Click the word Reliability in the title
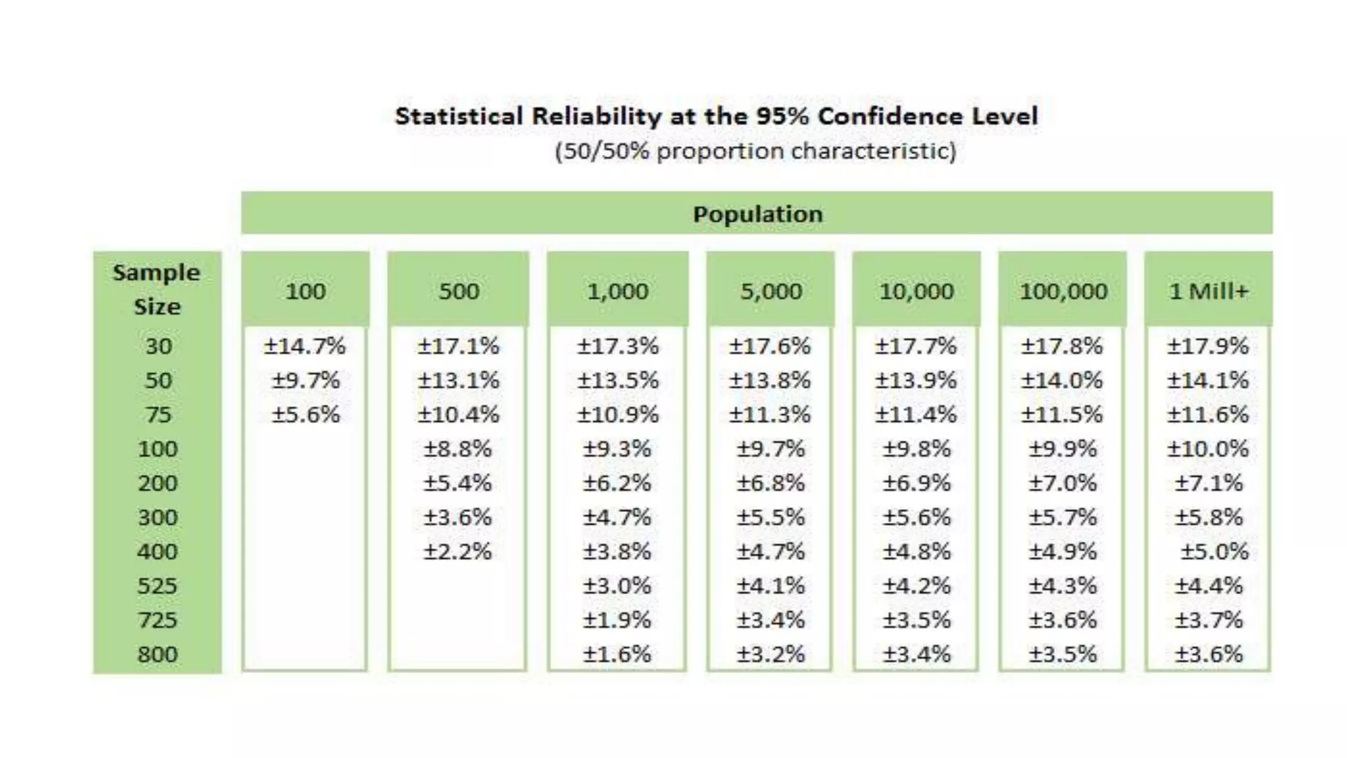pos(596,116)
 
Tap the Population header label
pos(758,214)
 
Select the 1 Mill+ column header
pos(1208,291)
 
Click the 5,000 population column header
pos(771,291)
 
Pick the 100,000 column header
pos(1063,291)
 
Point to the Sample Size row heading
pos(157,290)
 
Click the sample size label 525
pos(157,586)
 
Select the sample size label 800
pos(157,654)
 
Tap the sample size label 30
pos(159,346)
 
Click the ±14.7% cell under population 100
pos(305,346)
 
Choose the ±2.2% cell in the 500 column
pos(457,551)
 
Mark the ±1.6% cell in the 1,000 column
pos(616,654)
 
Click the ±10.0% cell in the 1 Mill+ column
pos(1208,449)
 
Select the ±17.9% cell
pos(1208,346)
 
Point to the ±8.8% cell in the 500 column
pos(457,449)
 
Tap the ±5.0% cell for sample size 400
pos(1213,551)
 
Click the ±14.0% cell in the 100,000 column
pos(1062,380)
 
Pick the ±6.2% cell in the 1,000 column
pos(616,483)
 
